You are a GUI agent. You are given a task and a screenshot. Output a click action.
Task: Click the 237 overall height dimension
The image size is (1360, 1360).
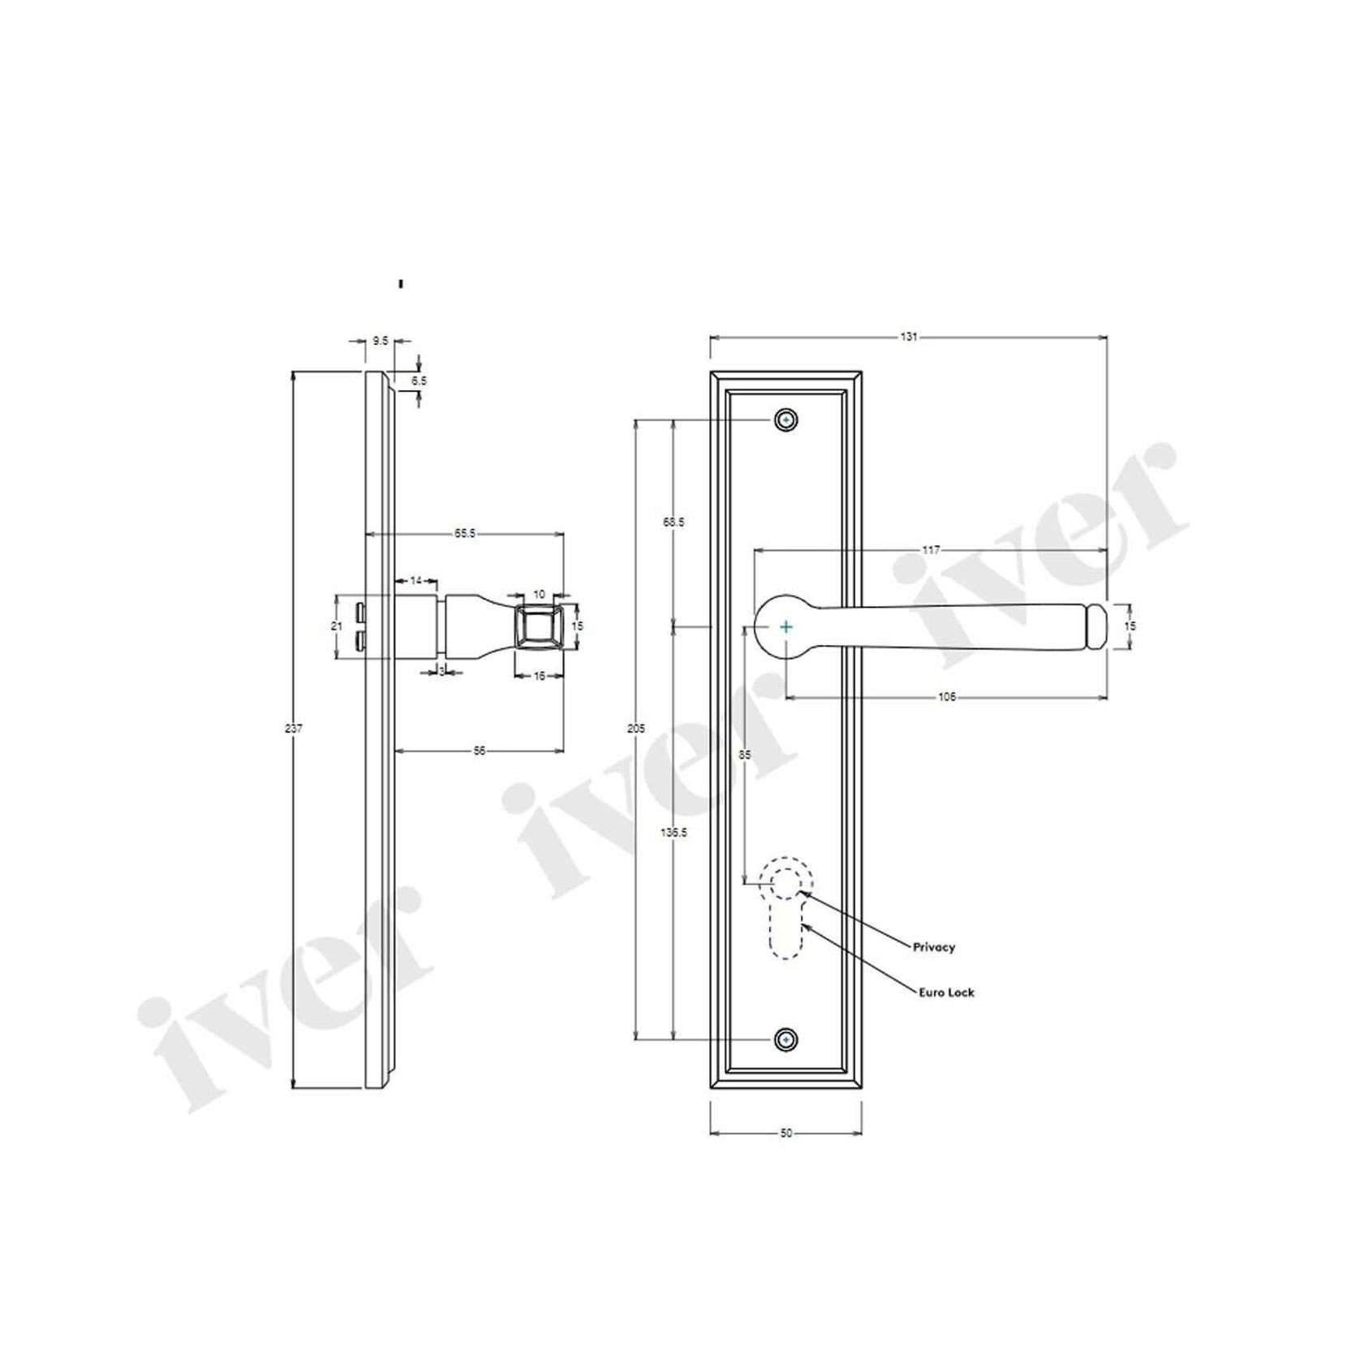pyautogui.click(x=294, y=729)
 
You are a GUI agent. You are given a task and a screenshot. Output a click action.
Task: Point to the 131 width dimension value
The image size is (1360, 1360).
pyautogui.click(x=909, y=336)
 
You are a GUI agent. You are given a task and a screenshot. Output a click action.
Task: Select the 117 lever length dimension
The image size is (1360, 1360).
pyautogui.click(x=931, y=550)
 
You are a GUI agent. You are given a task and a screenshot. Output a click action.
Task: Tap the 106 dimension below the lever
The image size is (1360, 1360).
pyautogui.click(x=946, y=697)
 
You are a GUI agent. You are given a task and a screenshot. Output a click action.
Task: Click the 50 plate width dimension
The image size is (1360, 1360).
pyautogui.click(x=785, y=1134)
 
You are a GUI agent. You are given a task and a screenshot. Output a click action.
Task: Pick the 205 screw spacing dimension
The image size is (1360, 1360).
pyautogui.click(x=636, y=729)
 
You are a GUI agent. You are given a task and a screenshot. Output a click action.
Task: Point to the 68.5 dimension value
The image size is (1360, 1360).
pyautogui.click(x=674, y=523)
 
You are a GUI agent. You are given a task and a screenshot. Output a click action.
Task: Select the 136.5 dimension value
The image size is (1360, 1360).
pyautogui.click(x=674, y=833)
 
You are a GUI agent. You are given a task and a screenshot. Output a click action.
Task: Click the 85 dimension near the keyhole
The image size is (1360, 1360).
pyautogui.click(x=744, y=755)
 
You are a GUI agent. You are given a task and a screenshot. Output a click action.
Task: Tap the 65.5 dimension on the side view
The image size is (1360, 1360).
pyautogui.click(x=465, y=533)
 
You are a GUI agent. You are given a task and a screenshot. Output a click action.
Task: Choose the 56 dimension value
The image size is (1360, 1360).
pyautogui.click(x=480, y=751)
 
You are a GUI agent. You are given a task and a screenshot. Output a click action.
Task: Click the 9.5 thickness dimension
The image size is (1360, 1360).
pyautogui.click(x=380, y=342)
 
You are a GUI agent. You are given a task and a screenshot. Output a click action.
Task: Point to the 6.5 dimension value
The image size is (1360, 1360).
pyautogui.click(x=419, y=380)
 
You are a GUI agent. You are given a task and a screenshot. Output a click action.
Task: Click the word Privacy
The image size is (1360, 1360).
pyautogui.click(x=934, y=947)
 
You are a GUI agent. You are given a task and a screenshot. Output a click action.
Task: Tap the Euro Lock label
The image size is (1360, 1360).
pyautogui.click(x=946, y=992)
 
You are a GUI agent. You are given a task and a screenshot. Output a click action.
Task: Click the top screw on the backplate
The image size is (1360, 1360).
pyautogui.click(x=785, y=420)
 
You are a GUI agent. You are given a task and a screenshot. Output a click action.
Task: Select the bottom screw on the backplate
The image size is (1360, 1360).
pyautogui.click(x=785, y=1039)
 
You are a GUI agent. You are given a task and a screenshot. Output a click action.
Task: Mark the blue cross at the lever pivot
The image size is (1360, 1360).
pyautogui.click(x=785, y=626)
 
